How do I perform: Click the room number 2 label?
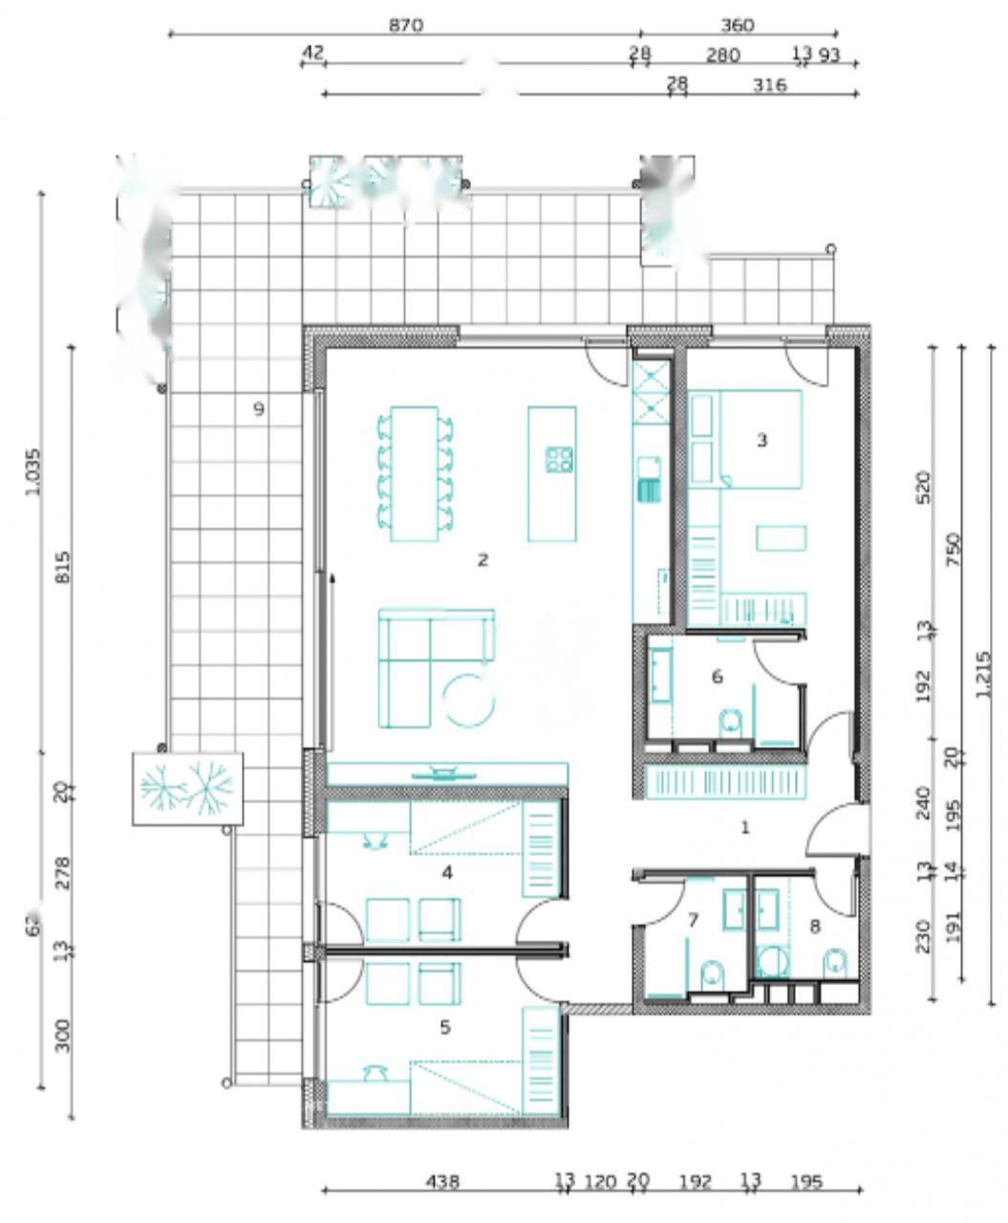coord(483,560)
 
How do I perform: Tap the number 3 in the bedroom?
coord(761,440)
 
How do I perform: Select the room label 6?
coord(718,677)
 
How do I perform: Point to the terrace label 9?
coord(258,410)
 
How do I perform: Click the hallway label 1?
coord(745,827)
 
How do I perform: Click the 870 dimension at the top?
coord(405,26)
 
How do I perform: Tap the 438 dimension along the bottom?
coord(441,1182)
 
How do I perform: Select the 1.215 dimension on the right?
coord(984,675)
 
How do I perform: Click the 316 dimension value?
coord(769,86)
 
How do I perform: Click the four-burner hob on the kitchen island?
coord(560,460)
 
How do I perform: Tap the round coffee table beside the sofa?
coord(469,700)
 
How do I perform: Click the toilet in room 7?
coord(713,976)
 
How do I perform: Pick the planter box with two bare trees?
coord(187,788)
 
